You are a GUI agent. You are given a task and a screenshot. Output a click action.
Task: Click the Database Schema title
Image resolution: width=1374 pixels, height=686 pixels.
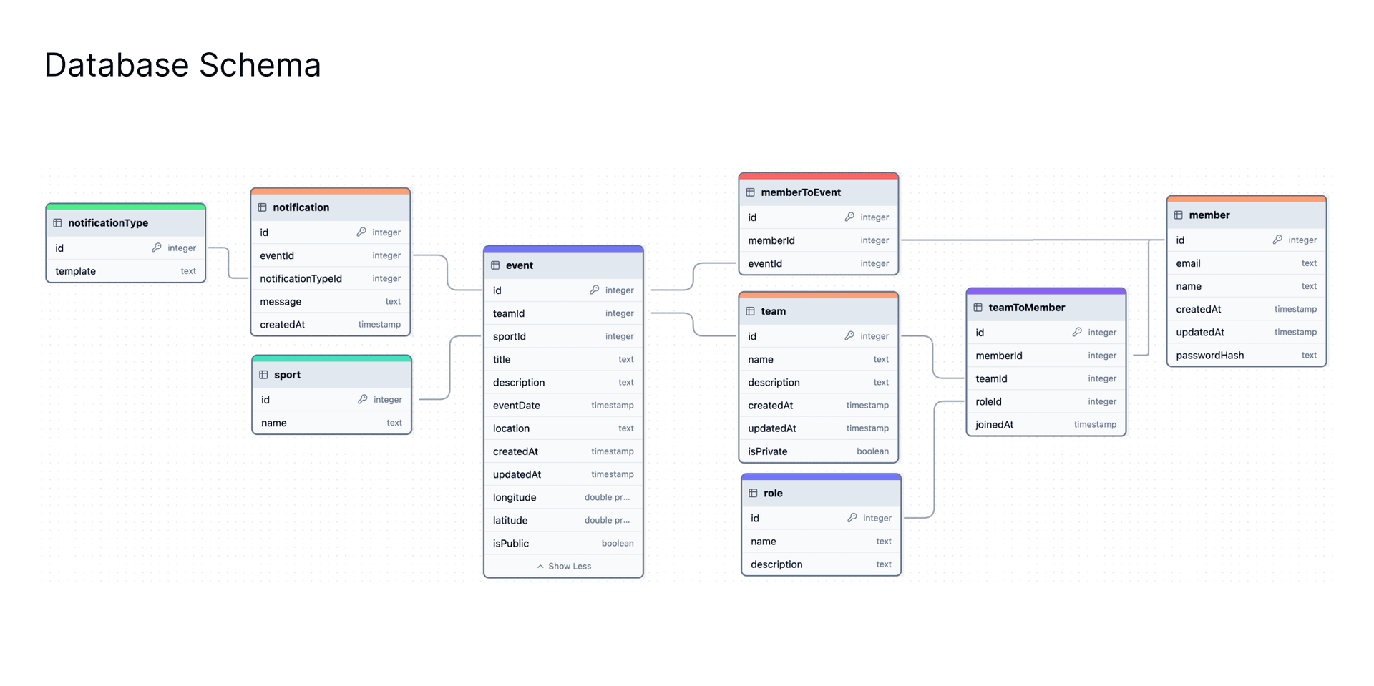click(x=182, y=65)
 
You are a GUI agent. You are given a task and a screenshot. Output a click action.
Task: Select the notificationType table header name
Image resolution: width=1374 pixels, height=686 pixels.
click(x=108, y=223)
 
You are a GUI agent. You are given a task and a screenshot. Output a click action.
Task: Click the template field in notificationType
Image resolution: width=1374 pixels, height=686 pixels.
click(x=75, y=271)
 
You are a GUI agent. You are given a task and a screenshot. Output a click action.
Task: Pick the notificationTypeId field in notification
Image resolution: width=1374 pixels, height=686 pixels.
click(x=301, y=278)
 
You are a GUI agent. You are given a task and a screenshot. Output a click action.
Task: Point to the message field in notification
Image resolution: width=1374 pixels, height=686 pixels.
click(x=281, y=302)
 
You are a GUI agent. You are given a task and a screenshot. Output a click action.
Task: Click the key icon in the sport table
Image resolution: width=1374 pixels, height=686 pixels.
click(x=363, y=399)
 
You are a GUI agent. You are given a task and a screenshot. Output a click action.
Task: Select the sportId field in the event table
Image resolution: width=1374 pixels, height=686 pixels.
click(x=509, y=336)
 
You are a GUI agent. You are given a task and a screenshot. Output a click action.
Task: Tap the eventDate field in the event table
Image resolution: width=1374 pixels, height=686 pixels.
click(x=516, y=406)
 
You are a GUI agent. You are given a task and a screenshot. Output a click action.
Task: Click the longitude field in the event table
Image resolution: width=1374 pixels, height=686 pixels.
click(x=514, y=497)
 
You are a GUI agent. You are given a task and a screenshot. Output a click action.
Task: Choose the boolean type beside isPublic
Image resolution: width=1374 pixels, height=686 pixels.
click(x=618, y=543)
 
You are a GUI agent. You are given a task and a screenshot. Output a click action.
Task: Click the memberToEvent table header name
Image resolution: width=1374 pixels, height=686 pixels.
click(x=801, y=192)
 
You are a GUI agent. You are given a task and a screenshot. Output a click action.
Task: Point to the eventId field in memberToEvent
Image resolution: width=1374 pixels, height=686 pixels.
click(x=765, y=263)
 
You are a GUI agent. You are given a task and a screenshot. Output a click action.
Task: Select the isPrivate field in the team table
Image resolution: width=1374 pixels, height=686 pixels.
click(x=767, y=451)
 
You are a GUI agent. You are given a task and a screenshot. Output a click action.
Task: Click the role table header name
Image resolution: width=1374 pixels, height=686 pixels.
click(x=773, y=493)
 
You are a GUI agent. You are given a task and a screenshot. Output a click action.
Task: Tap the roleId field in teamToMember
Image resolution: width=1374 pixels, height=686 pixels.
click(x=988, y=401)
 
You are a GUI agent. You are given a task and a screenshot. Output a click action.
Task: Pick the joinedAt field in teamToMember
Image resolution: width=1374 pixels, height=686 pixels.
click(x=994, y=425)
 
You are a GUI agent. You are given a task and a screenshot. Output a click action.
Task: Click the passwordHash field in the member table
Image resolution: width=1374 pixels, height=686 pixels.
click(x=1209, y=356)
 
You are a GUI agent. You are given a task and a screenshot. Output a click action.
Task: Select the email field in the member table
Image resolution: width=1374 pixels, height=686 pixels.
click(x=1188, y=263)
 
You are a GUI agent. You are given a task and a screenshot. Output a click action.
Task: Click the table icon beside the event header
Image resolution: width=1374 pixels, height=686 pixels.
click(x=495, y=265)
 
